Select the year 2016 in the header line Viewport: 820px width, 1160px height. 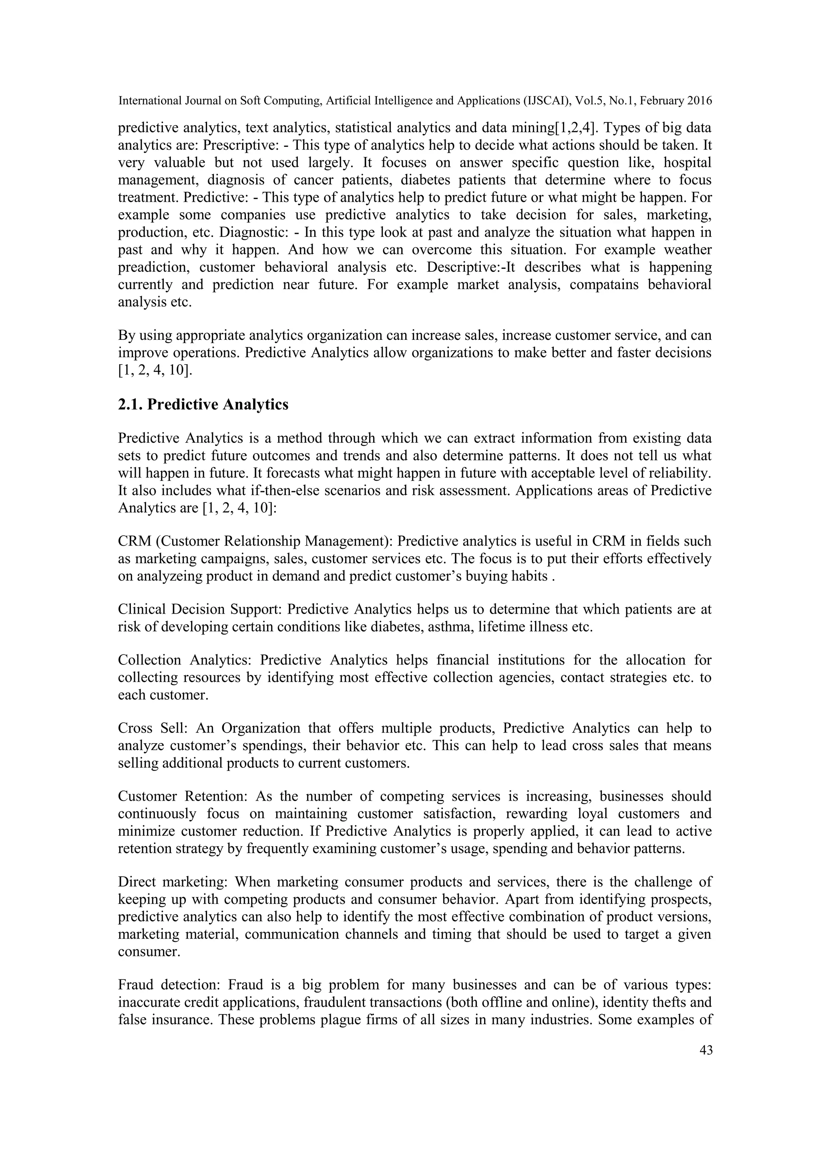pos(699,101)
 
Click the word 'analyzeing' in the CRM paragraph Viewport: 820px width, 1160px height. pos(170,576)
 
